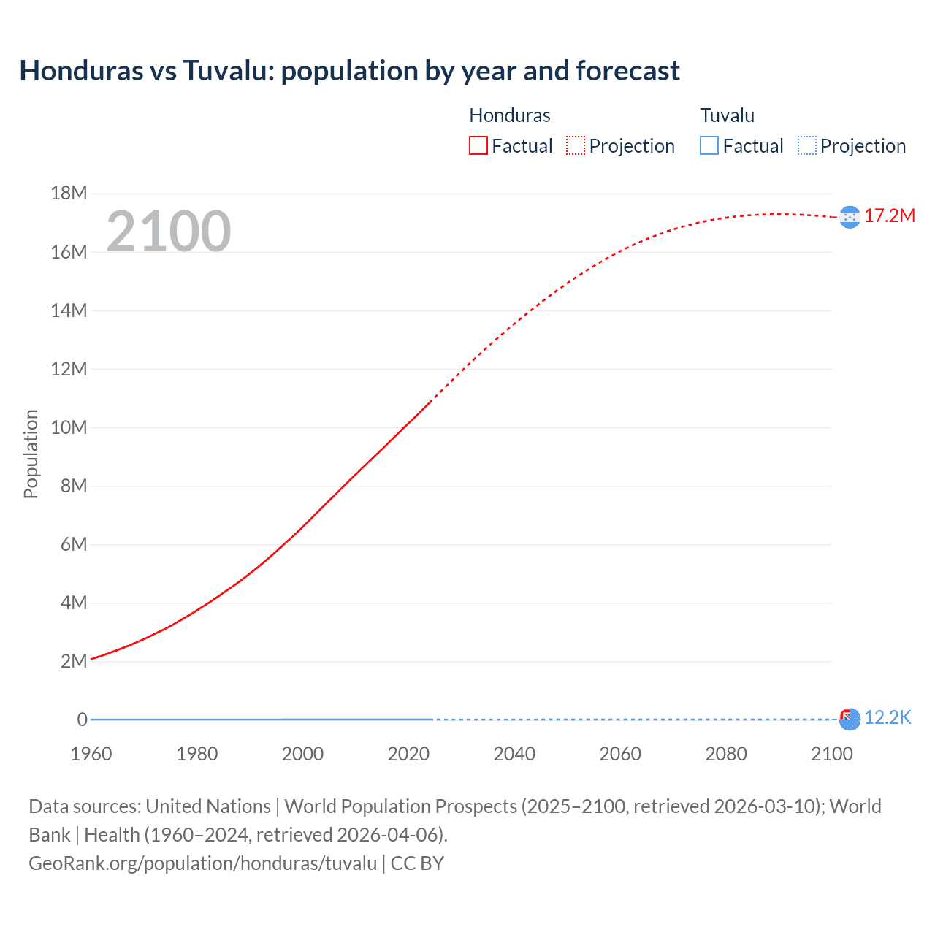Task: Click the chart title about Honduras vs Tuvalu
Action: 349,71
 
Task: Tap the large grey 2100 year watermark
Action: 169,232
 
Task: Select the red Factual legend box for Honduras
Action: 478,146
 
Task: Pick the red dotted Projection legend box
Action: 576,146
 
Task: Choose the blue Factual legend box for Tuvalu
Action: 709,146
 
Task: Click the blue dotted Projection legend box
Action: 806,146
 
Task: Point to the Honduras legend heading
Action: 509,115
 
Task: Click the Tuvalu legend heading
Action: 727,115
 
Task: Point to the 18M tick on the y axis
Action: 69,194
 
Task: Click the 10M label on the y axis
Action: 69,427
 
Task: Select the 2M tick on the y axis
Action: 73,661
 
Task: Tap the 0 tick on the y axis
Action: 82,720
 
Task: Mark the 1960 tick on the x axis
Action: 91,754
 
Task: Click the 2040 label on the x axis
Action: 514,754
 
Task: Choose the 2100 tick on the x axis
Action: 831,754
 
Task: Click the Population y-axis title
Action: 31,454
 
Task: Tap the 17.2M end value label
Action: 889,216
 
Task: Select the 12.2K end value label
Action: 888,718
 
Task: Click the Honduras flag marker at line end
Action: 850,217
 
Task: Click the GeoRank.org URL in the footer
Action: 202,863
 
